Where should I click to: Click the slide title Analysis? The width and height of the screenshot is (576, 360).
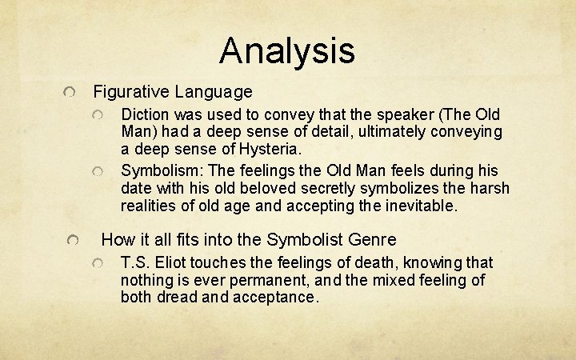click(286, 50)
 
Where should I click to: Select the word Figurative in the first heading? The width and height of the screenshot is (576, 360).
click(128, 92)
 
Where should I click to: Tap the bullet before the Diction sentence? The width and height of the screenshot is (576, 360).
click(97, 116)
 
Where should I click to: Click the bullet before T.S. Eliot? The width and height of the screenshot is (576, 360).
click(97, 264)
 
